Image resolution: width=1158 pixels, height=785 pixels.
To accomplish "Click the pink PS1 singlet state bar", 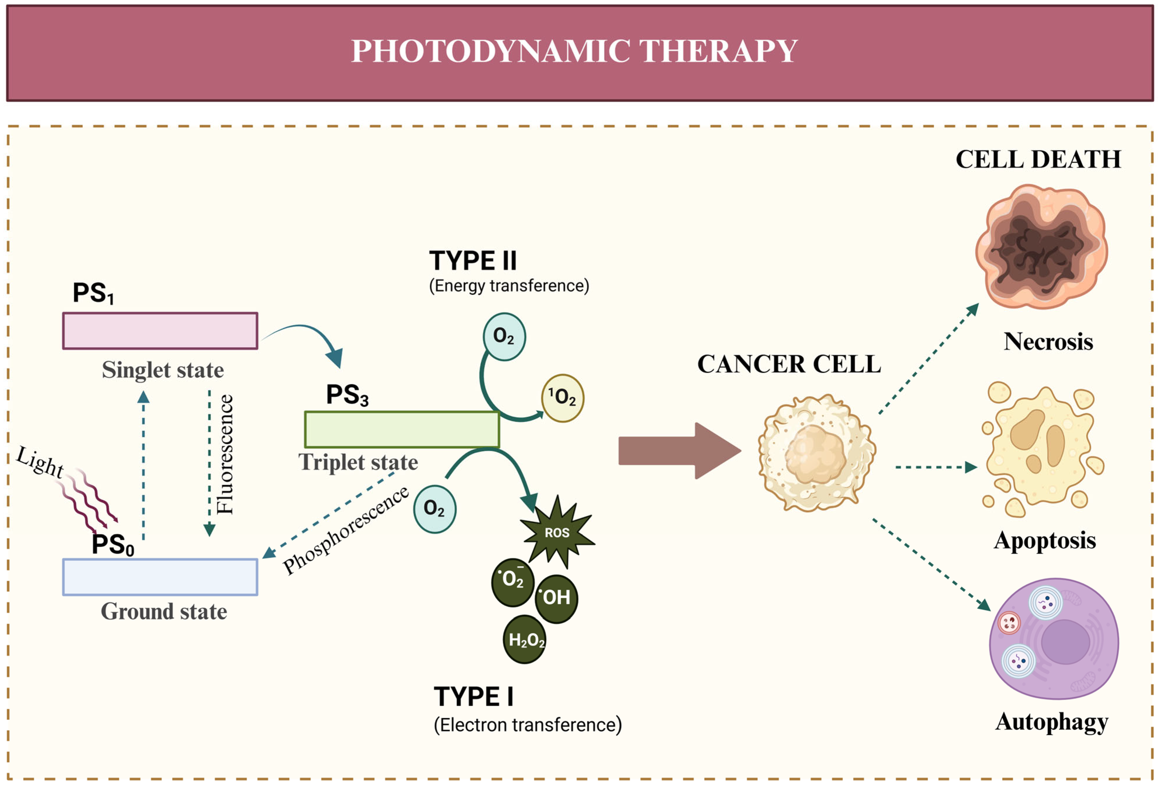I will coord(160,331).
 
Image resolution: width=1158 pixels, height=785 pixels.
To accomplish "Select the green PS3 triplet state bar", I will coord(401,429).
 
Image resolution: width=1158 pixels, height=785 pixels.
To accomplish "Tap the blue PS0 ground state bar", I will coord(160,577).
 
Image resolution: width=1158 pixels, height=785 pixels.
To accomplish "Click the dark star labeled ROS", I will coord(557,532).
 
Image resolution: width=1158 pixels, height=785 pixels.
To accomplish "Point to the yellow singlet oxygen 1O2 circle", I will coord(562,398).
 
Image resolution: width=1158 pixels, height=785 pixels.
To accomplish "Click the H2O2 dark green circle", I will coord(524,640).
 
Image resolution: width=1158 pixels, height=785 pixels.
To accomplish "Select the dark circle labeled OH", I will coord(556,598).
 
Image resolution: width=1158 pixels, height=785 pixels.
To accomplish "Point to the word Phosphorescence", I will coord(345,530).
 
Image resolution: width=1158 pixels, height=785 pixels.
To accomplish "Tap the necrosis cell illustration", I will coord(1041,246).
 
